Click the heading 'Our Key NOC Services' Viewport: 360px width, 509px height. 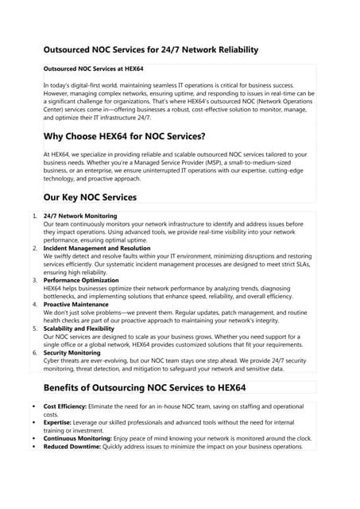[x=90, y=197]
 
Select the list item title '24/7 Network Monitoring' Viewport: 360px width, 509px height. [x=80, y=216]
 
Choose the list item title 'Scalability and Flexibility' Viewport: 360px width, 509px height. [x=85, y=327]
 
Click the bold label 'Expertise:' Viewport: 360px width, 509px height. [x=60, y=422]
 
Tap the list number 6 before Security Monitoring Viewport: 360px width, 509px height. [x=34, y=352]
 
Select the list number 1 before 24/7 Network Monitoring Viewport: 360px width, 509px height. [x=34, y=216]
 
